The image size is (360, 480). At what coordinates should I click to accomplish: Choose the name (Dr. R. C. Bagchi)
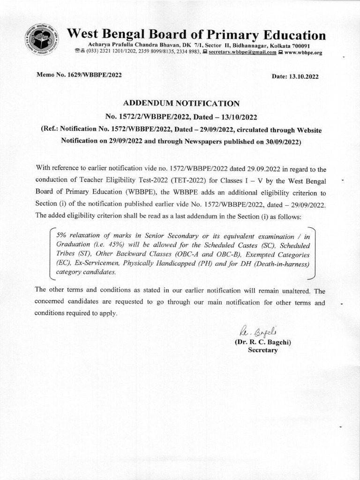(x=262, y=342)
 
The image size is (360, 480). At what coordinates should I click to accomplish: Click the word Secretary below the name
(x=262, y=350)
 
